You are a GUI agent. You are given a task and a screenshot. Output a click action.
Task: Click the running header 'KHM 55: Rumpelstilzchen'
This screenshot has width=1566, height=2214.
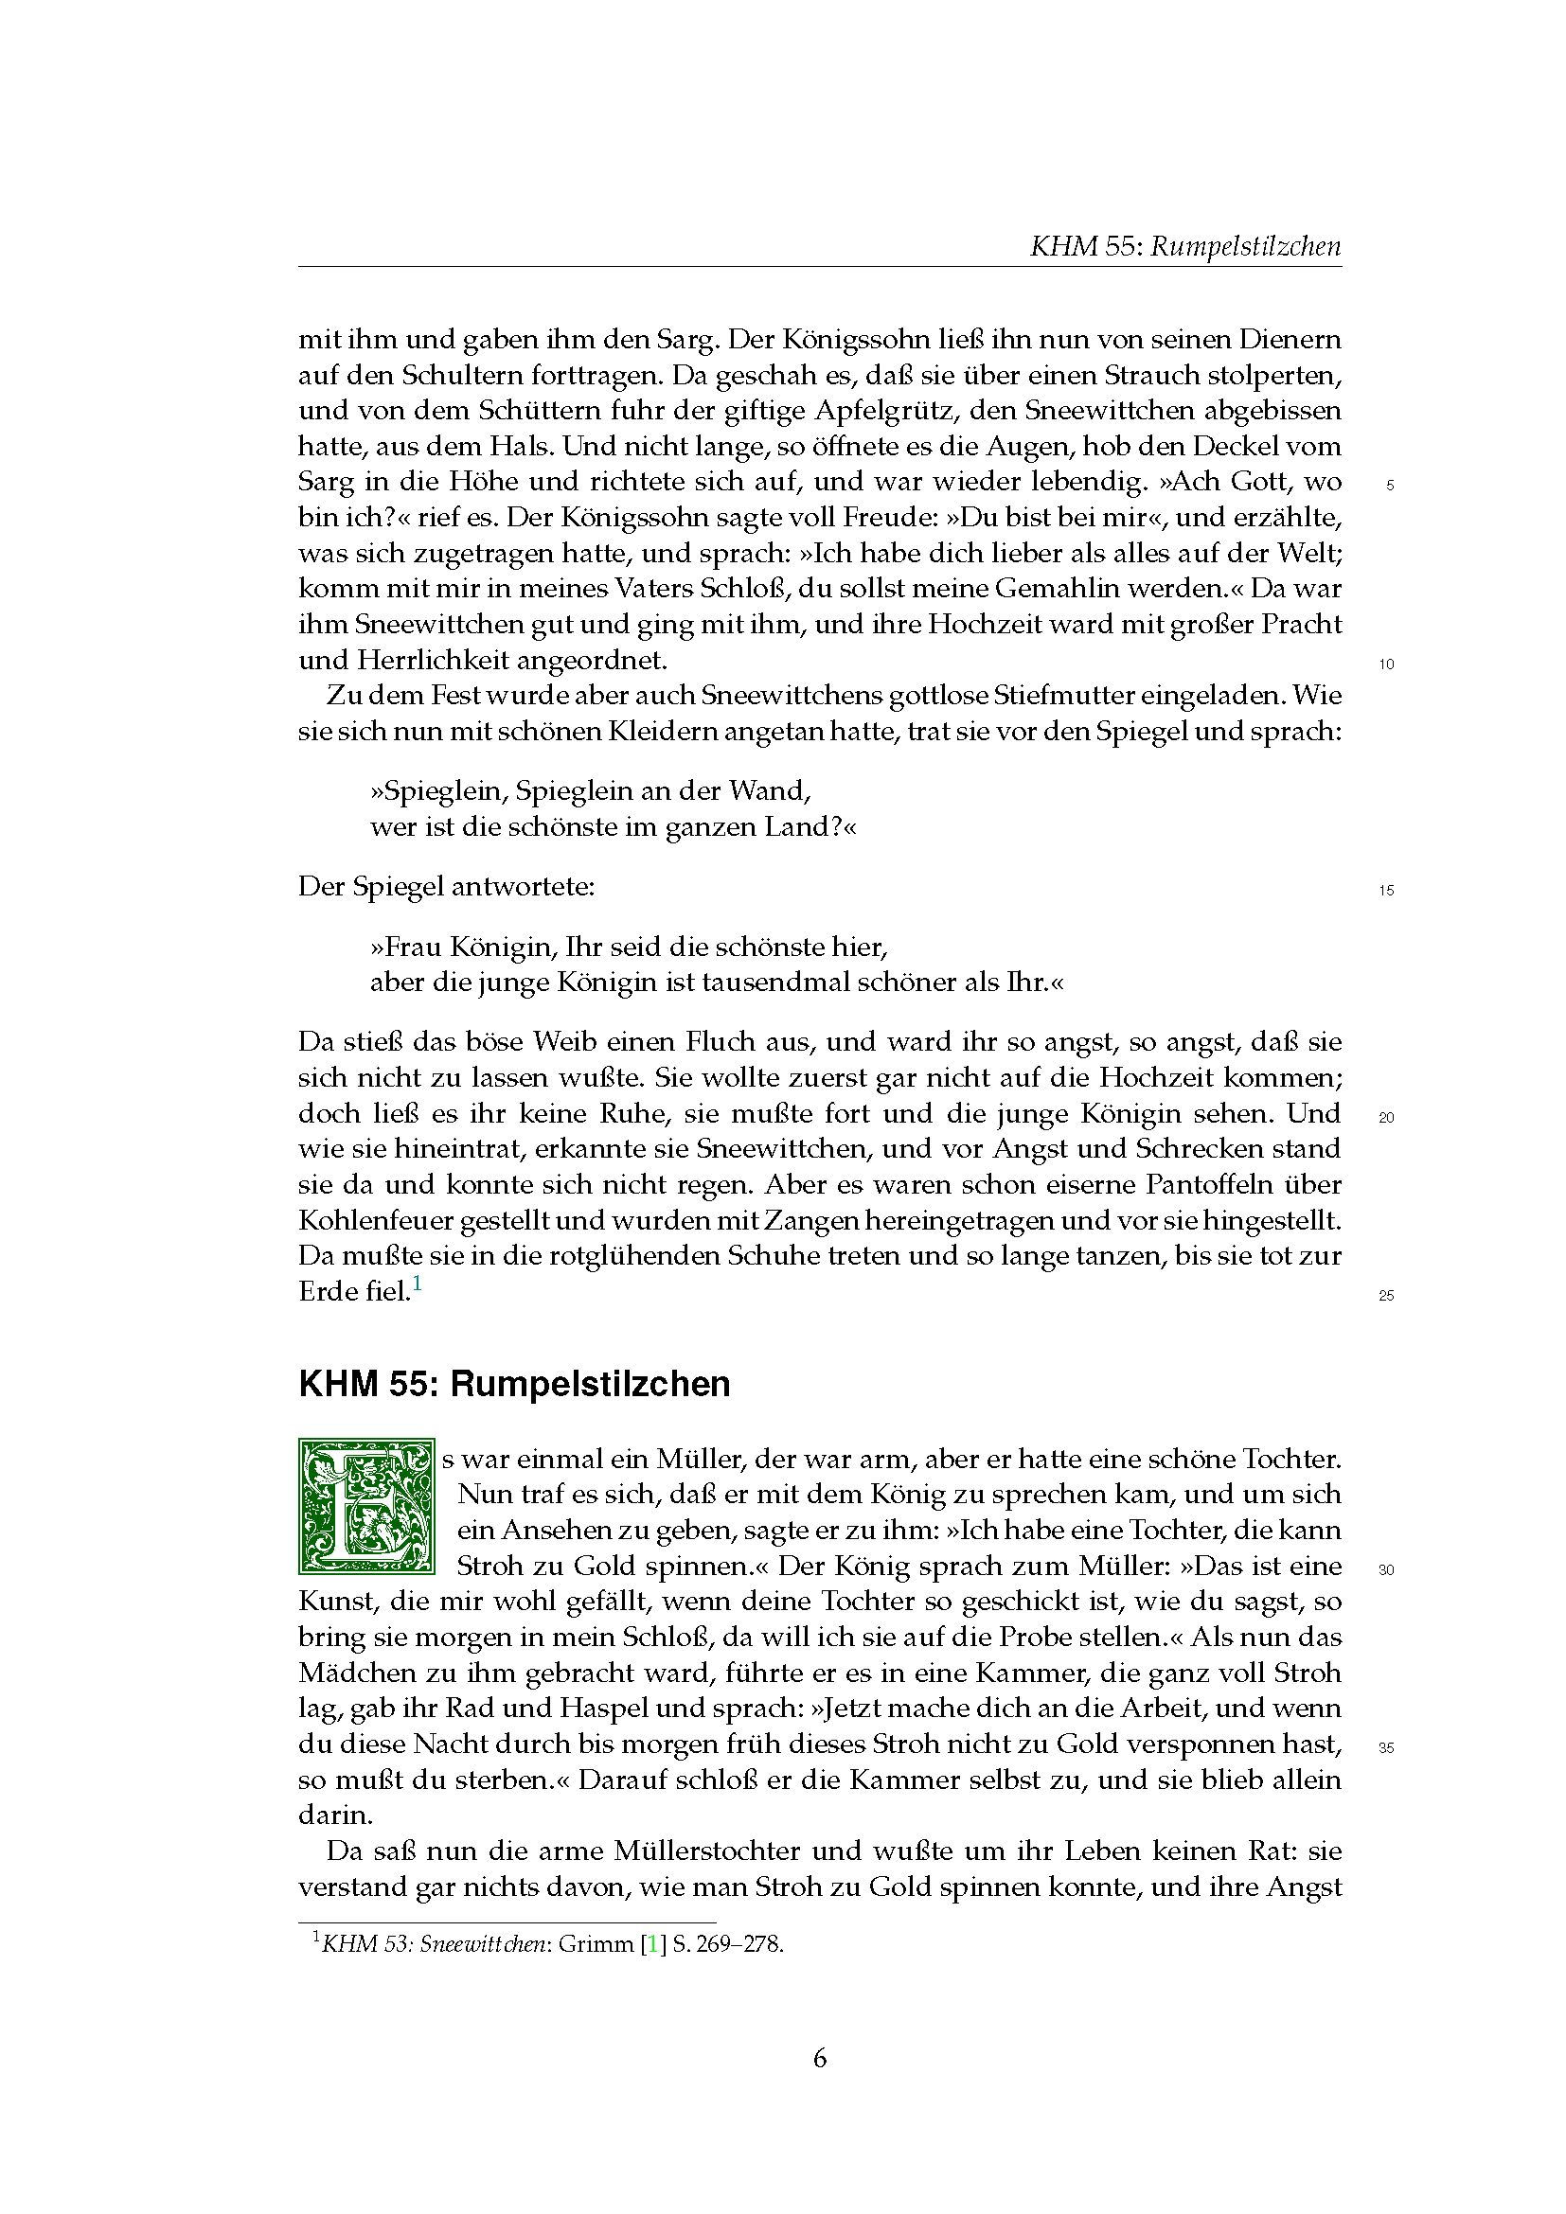(1185, 247)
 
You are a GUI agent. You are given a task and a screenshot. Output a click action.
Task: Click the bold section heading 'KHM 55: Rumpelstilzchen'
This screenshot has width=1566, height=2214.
(514, 1384)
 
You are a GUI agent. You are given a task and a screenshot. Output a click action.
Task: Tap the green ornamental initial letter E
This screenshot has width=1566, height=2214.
(366, 1511)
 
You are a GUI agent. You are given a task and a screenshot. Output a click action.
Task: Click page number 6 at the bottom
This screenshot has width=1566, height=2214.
(820, 2059)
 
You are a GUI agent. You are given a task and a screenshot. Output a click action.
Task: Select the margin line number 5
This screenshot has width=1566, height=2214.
(1389, 486)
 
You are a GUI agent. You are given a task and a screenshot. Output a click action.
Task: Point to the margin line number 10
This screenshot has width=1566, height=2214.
(1387, 664)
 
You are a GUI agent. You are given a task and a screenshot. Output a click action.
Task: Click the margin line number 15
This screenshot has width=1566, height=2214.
(1387, 891)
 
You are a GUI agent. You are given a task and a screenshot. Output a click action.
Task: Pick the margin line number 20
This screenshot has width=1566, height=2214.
(1387, 1119)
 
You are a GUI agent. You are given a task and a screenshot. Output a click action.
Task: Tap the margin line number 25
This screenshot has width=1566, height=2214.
(1387, 1296)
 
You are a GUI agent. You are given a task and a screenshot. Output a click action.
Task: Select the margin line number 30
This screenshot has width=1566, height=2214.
(1387, 1569)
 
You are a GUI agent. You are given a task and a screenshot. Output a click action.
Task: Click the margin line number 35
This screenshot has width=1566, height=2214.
(1387, 1748)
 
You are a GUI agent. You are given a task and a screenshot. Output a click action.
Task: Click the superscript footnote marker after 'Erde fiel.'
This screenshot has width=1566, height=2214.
(417, 1284)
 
